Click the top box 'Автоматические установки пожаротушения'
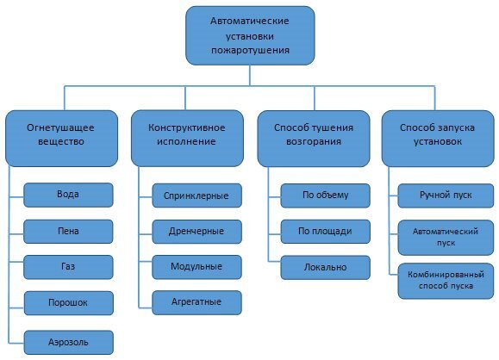point(249,35)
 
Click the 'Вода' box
point(68,194)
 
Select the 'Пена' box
point(68,230)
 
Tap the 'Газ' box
point(68,266)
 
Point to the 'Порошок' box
point(68,303)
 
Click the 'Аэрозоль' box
point(68,341)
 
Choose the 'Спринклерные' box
point(196,196)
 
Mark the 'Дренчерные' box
point(196,231)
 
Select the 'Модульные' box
point(196,266)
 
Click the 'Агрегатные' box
point(196,302)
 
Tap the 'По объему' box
point(325,195)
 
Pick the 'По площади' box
point(325,231)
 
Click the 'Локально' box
point(325,267)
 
